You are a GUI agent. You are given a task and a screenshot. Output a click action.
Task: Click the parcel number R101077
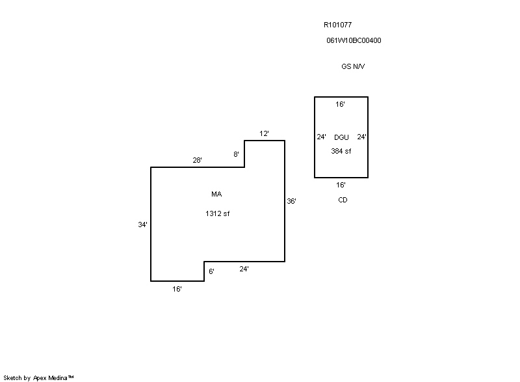[337, 25]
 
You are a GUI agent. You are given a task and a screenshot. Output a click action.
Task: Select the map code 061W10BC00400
[354, 40]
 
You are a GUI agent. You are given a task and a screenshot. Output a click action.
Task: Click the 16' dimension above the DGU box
[340, 104]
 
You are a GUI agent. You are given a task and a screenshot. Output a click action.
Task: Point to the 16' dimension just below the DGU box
[341, 185]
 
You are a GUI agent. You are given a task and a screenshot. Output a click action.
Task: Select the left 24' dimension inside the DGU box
[321, 137]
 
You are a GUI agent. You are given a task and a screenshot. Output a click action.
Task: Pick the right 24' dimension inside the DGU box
[361, 137]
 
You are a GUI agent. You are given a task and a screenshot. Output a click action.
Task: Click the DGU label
[341, 137]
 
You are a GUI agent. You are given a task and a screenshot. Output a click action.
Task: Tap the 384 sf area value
[341, 151]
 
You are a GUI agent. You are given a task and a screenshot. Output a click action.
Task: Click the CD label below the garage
[343, 200]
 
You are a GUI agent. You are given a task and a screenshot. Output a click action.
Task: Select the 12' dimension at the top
[264, 133]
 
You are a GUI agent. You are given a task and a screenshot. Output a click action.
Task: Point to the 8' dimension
[236, 154]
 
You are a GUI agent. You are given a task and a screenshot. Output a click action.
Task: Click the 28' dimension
[197, 160]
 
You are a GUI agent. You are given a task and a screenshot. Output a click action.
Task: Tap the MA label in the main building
[216, 194]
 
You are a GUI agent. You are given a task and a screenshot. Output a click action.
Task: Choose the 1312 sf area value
[217, 214]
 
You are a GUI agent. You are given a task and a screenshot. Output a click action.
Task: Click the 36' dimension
[291, 202]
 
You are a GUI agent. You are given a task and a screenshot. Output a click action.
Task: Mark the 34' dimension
[142, 225]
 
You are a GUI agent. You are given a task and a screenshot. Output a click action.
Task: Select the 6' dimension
[211, 271]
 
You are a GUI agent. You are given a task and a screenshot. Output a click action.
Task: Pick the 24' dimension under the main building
[244, 269]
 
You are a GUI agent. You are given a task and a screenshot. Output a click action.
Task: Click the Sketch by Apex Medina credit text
[38, 377]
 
